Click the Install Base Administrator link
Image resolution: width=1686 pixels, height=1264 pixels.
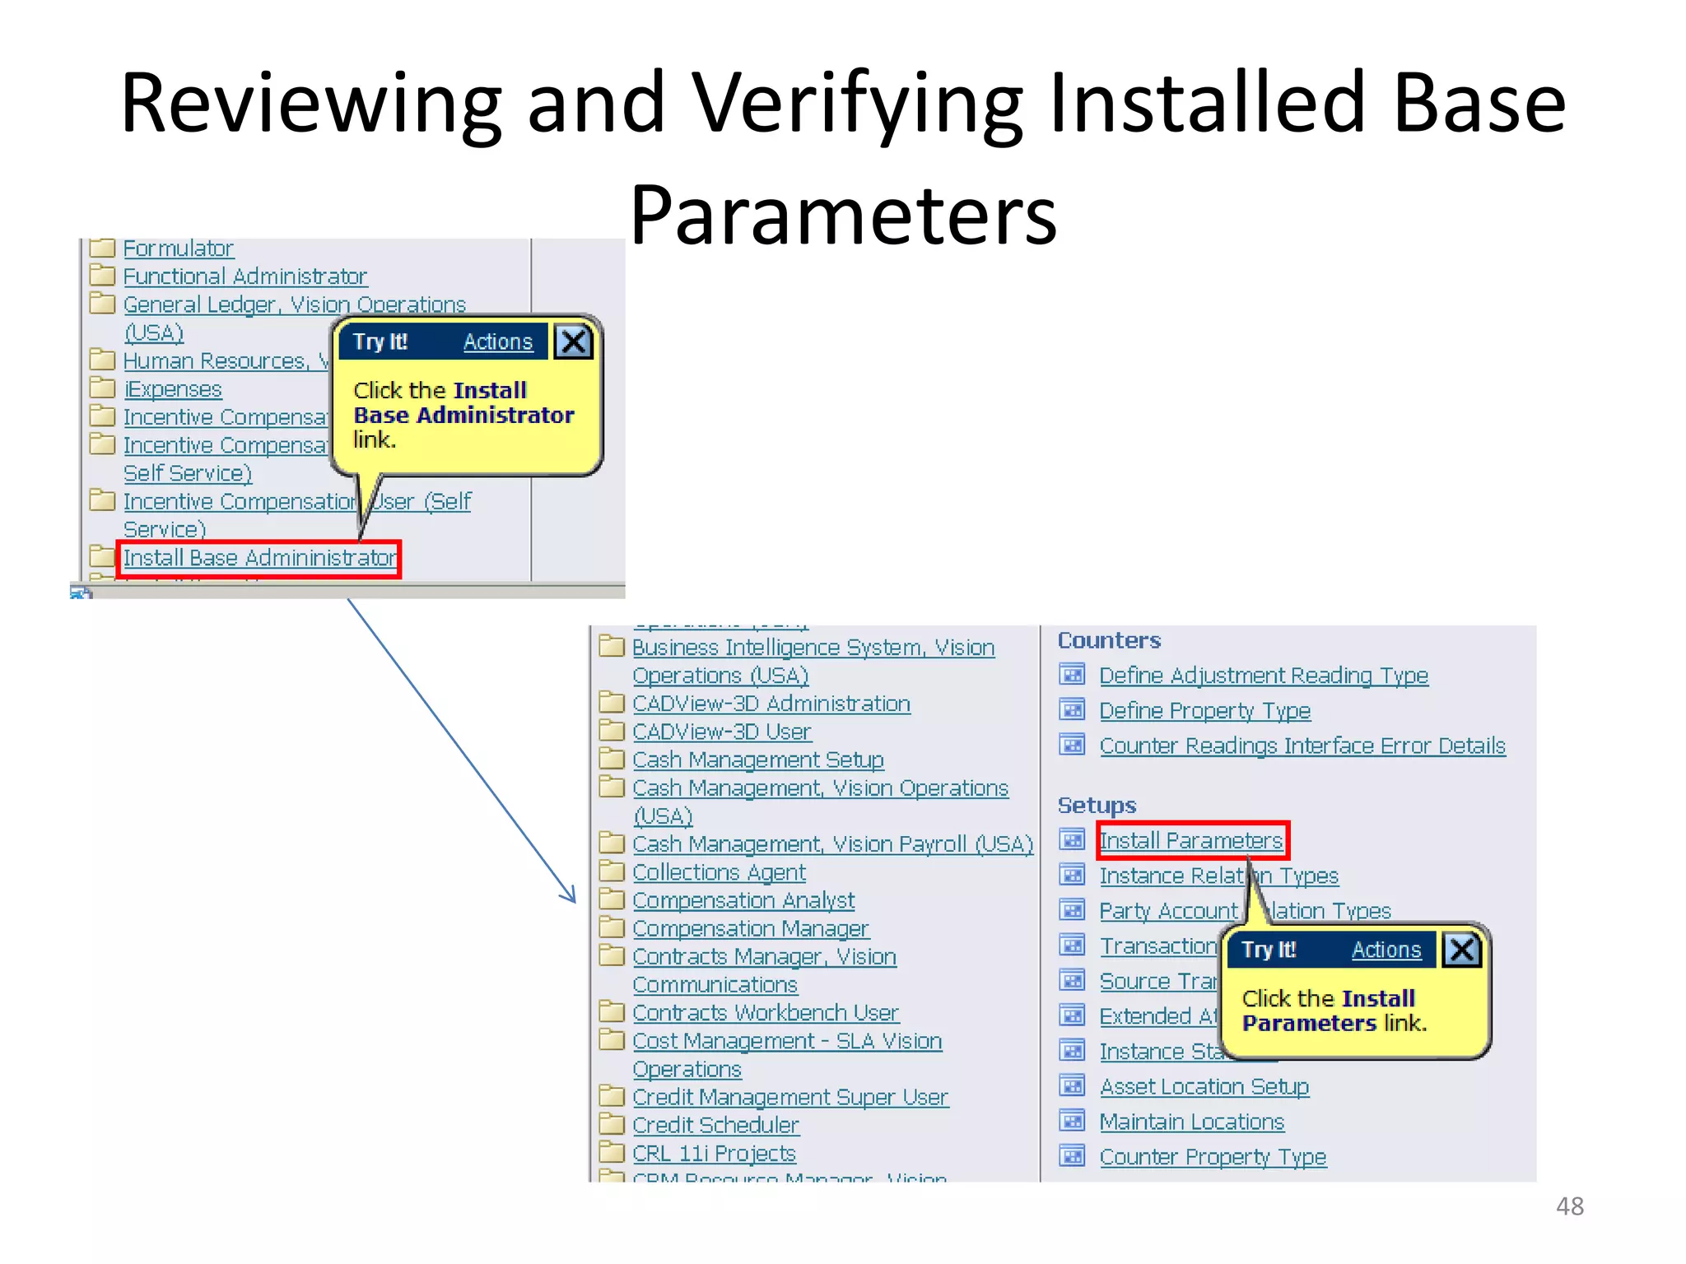[x=259, y=559]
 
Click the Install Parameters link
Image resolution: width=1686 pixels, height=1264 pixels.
[x=1190, y=841]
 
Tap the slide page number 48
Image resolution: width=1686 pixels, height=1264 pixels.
[x=1569, y=1206]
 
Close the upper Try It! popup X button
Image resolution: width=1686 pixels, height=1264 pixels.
[x=573, y=342]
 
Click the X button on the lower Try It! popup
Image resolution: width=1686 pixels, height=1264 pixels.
[x=1461, y=950]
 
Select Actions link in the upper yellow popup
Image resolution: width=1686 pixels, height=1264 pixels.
[x=497, y=342]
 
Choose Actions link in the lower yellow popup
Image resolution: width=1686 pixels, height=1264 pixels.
[x=1386, y=950]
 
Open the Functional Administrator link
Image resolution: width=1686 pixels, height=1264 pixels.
[x=245, y=276]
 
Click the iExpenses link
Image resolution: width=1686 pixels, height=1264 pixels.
[x=173, y=389]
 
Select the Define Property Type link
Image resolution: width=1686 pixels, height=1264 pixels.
[x=1204, y=711]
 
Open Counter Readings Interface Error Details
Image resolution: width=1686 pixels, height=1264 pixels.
[x=1302, y=746]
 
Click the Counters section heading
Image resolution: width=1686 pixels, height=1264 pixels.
[x=1108, y=640]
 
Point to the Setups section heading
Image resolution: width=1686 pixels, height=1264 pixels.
[x=1096, y=805]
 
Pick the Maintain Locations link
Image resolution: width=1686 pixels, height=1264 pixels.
[x=1191, y=1122]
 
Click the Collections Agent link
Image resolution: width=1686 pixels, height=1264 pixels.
[x=719, y=872]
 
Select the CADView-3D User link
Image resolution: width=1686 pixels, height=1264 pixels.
[x=721, y=732]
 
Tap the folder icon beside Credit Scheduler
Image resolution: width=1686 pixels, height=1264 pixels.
[x=611, y=1124]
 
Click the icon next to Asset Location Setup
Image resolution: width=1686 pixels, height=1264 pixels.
[x=1072, y=1086]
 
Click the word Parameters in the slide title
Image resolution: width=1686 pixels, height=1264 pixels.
[x=842, y=216]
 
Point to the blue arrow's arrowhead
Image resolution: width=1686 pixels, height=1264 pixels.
[x=571, y=898]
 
